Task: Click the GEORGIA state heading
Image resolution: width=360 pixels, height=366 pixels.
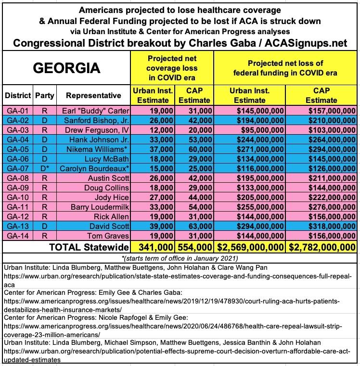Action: point(66,68)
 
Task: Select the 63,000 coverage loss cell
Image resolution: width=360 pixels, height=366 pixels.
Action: point(194,226)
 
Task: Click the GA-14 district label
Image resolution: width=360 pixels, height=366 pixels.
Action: point(18,236)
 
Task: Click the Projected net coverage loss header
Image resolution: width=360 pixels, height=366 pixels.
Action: point(171,68)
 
